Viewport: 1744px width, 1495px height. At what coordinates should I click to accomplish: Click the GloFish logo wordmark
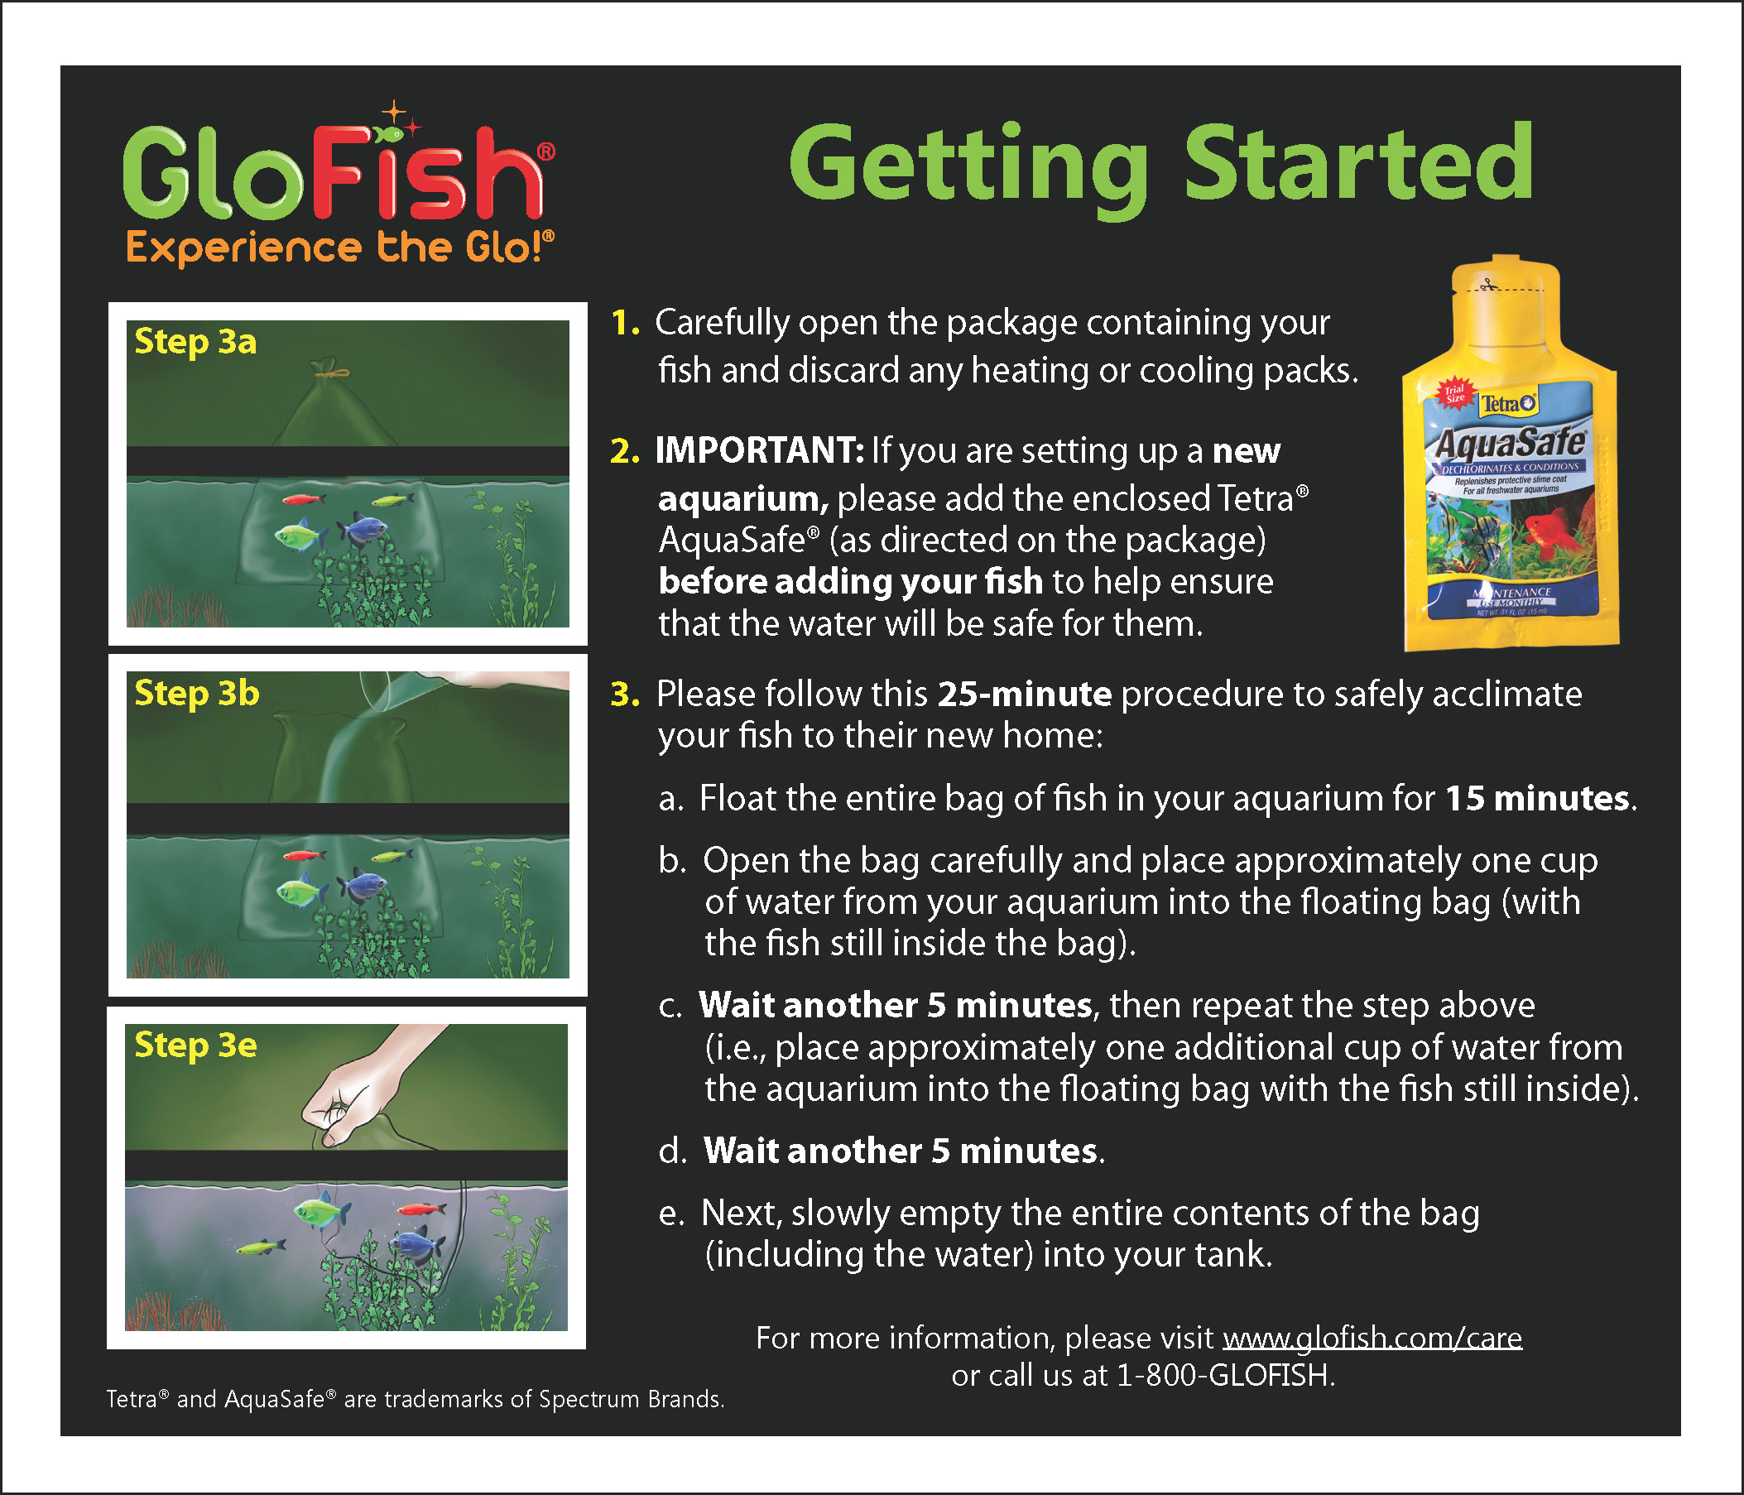tap(337, 168)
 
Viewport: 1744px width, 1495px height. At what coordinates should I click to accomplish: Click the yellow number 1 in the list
tap(625, 323)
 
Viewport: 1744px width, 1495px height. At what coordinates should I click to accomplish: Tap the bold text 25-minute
tap(1025, 694)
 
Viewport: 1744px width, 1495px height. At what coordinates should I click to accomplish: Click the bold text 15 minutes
tap(1537, 798)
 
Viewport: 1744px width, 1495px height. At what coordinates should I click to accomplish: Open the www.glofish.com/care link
tap(1372, 1338)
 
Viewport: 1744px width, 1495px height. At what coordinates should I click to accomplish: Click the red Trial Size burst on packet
tap(1453, 392)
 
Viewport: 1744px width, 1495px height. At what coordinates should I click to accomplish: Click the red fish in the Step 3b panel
tap(305, 855)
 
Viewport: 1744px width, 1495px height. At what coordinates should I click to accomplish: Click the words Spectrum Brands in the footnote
tap(632, 1399)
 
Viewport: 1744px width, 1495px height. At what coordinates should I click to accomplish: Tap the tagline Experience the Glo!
tap(340, 248)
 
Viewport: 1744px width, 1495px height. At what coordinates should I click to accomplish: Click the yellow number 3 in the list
tap(625, 695)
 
